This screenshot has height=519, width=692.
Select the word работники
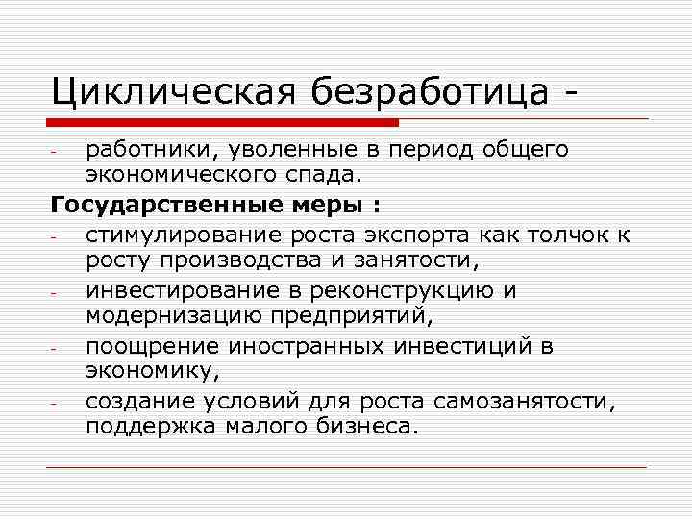point(144,150)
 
